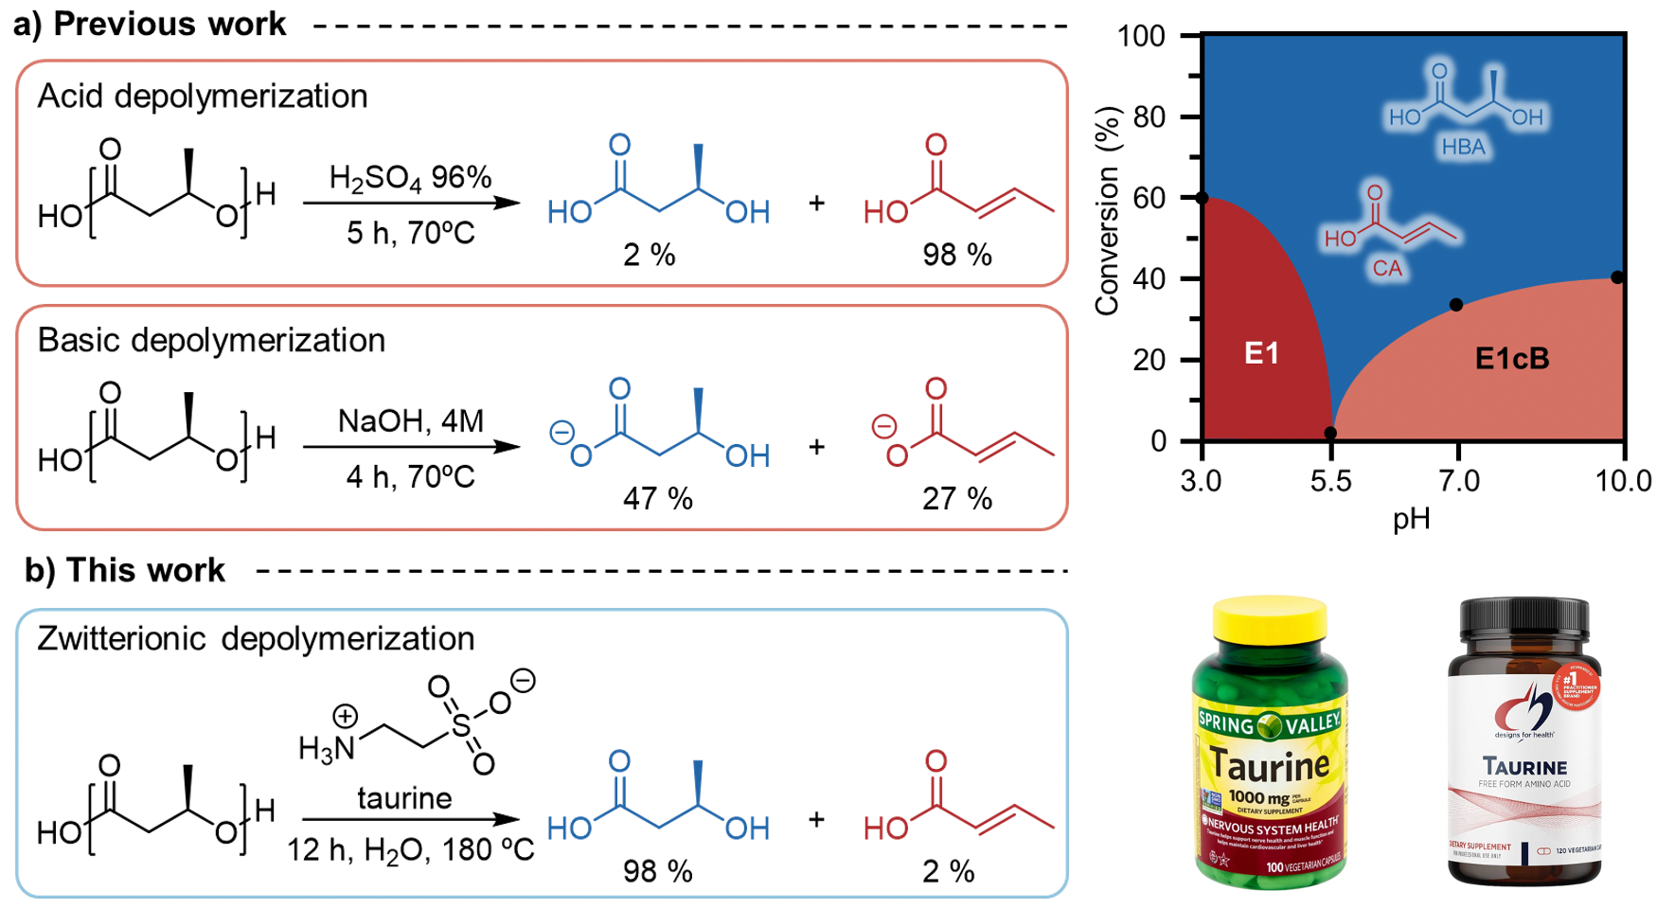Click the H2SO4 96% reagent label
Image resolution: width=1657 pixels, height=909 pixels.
coord(410,178)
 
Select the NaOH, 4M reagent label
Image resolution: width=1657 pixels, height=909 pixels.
coord(410,421)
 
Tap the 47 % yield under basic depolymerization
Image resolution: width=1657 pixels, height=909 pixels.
coord(657,499)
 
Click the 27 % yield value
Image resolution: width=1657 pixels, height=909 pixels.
coord(956,499)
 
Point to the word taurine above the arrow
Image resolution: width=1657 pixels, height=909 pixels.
coord(404,798)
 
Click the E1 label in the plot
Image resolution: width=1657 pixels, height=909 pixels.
coord(1261,354)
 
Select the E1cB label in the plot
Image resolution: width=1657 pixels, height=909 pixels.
coord(1511,359)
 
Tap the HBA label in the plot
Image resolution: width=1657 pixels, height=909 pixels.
coord(1463,148)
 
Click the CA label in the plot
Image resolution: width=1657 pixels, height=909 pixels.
coord(1387,269)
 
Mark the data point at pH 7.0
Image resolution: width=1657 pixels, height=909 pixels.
coord(1456,305)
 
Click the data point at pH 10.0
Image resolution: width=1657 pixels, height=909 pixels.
coord(1617,277)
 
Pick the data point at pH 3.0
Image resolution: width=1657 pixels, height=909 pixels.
coord(1203,198)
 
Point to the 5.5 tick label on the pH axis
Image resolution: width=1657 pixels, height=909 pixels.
coord(1330,482)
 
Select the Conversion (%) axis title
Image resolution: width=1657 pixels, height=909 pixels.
coord(1107,210)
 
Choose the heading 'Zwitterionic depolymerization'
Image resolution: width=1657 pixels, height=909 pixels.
coord(256,639)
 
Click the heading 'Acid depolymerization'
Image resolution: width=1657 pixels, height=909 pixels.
coord(202,97)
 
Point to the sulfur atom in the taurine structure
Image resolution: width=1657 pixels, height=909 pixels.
coord(461,727)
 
